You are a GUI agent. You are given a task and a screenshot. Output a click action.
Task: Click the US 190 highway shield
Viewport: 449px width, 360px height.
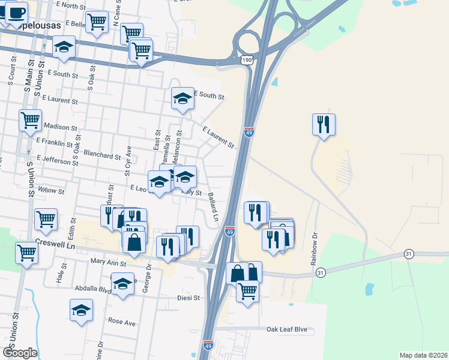[x=247, y=60]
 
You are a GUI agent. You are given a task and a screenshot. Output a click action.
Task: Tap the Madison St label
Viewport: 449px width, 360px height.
[x=61, y=128]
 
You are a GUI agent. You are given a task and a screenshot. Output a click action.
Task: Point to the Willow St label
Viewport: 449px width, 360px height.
[x=51, y=190]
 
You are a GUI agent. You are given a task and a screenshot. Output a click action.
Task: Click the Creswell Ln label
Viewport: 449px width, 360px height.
[x=58, y=247]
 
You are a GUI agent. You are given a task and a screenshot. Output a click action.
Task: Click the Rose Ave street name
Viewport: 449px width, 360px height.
[x=122, y=321]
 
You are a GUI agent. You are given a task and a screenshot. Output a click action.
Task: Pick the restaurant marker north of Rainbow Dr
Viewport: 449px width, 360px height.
[x=324, y=125]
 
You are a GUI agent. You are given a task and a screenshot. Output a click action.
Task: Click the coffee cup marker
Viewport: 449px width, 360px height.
[x=16, y=13]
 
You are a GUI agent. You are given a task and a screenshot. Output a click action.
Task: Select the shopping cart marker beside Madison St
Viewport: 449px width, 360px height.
[x=30, y=119]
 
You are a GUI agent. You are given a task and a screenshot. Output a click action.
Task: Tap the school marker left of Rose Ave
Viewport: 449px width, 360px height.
[x=81, y=310]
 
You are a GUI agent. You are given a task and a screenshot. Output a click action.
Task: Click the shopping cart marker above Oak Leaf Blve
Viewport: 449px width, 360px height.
[x=247, y=292]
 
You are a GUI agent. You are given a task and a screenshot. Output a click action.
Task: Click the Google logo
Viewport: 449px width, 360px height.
[x=19, y=352]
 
